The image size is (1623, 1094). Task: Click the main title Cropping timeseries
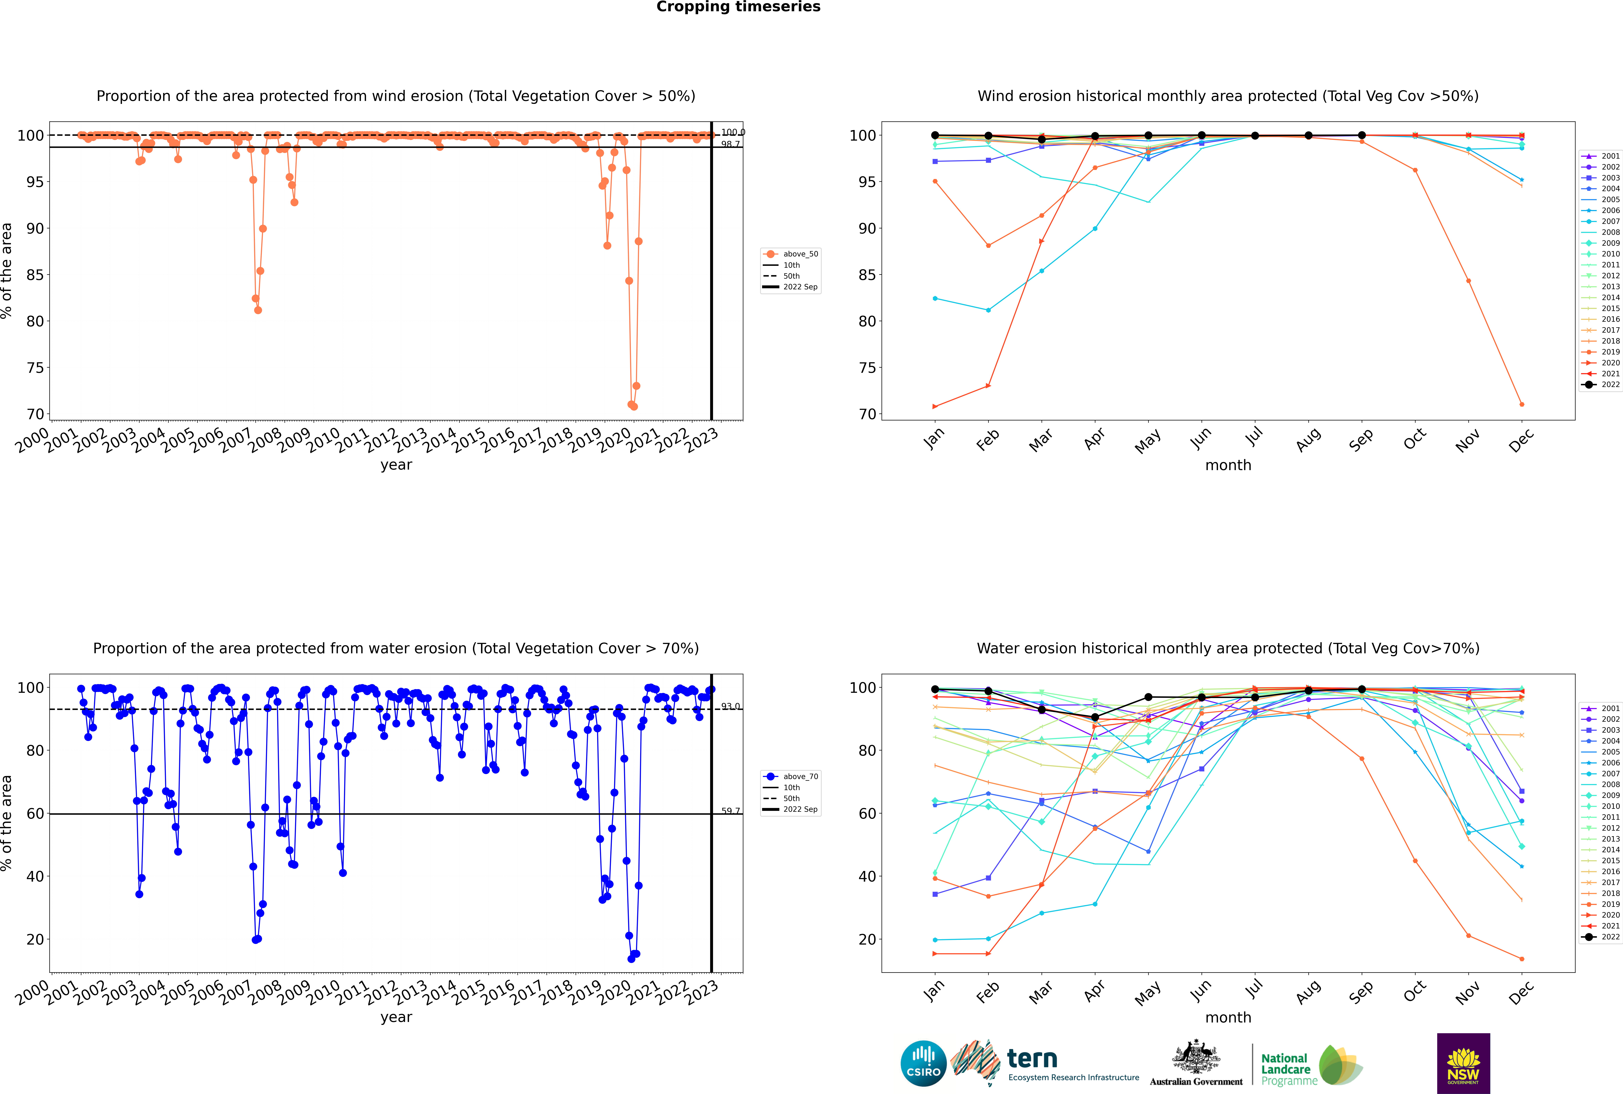[x=738, y=7]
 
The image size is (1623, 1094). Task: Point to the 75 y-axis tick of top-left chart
[x=35, y=368]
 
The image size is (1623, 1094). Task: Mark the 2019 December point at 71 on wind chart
[x=1522, y=405]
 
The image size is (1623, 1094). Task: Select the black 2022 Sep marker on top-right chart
[x=1361, y=135]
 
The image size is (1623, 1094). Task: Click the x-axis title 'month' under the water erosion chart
[x=1228, y=1018]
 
